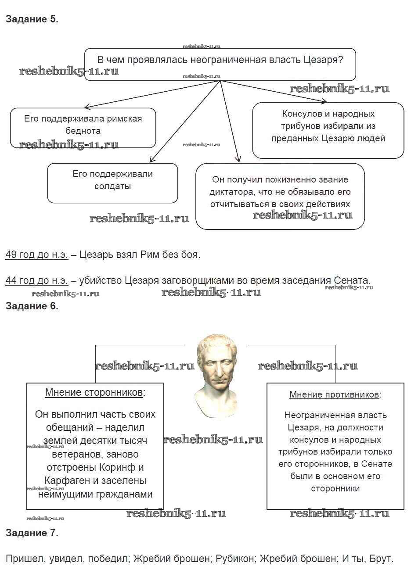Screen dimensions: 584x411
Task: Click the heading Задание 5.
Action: click(32, 19)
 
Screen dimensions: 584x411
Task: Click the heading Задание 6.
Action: click(32, 306)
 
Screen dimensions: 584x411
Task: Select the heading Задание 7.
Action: click(32, 533)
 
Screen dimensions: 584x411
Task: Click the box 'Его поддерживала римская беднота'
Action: click(83, 128)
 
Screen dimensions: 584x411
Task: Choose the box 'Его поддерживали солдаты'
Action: click(112, 183)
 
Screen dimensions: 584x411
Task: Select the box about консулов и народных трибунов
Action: click(328, 130)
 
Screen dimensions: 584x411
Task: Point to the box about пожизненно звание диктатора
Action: click(280, 196)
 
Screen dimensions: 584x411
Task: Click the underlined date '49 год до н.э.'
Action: click(37, 254)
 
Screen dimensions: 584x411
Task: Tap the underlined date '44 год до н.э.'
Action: click(37, 280)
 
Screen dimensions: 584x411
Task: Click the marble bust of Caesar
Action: click(216, 375)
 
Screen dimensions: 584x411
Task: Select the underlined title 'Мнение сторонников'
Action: click(94, 392)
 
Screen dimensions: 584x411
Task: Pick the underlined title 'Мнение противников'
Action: click(334, 394)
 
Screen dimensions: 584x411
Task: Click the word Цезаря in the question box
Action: click(323, 60)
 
